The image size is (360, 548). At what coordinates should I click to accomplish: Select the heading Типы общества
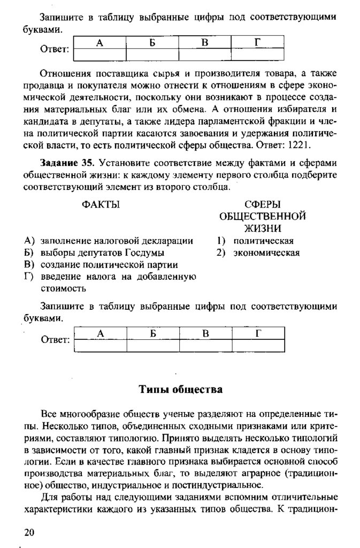click(180, 389)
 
